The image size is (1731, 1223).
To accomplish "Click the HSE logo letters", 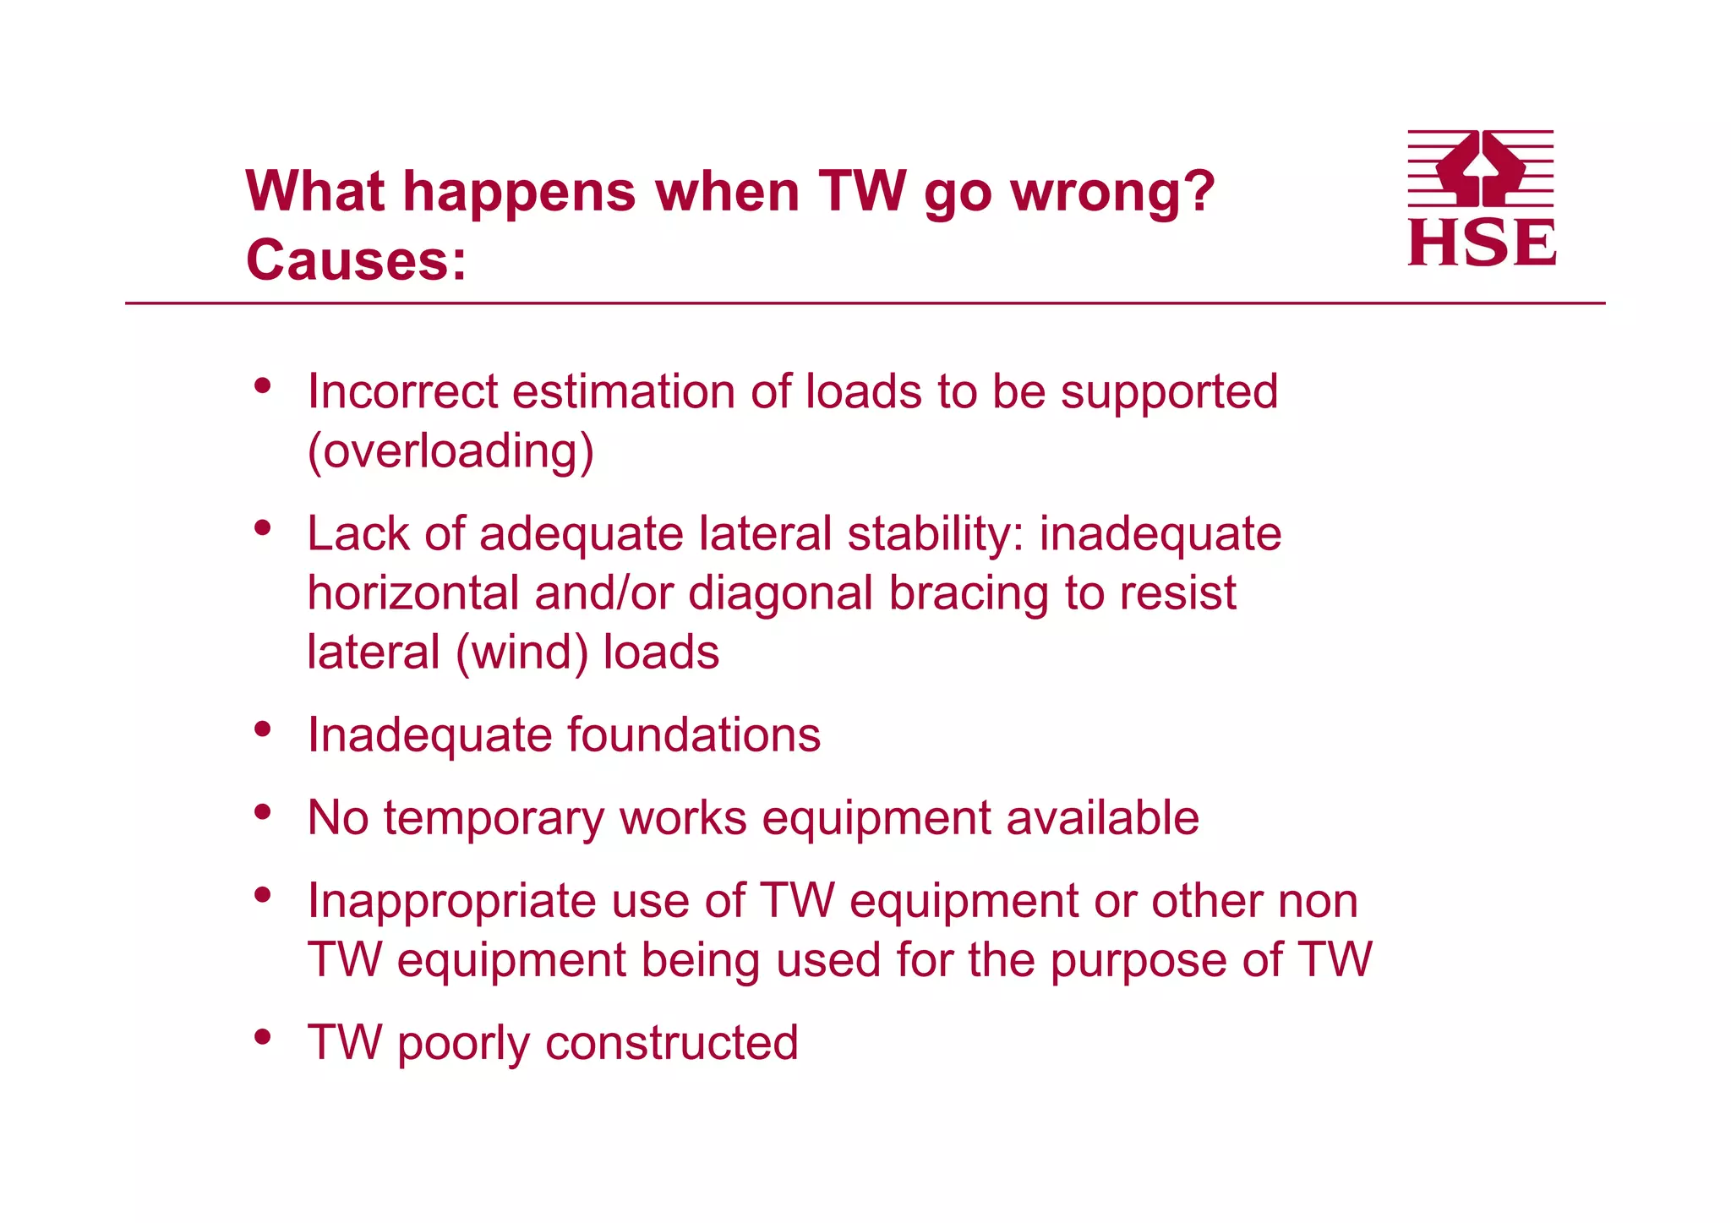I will click(x=1481, y=243).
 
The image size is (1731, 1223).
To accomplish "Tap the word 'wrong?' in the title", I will click(x=1112, y=193).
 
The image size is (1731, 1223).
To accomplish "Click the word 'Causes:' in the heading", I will click(x=356, y=260).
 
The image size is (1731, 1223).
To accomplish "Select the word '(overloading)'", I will click(x=450, y=451).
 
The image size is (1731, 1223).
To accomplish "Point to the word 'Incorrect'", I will click(x=403, y=392).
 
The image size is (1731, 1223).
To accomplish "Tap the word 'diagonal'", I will click(x=780, y=593).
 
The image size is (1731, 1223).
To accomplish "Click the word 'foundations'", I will click(x=693, y=734).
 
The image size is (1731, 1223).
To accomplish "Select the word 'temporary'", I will click(x=494, y=818).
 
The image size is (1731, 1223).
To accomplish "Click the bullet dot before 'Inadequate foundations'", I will click(x=263, y=729).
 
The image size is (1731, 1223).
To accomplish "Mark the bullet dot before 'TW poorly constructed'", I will click(x=263, y=1036).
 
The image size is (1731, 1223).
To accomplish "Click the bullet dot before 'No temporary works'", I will click(x=263, y=811).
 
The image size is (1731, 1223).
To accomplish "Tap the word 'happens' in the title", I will click(x=519, y=193).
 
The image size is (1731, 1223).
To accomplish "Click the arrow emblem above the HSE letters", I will click(x=1480, y=168).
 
